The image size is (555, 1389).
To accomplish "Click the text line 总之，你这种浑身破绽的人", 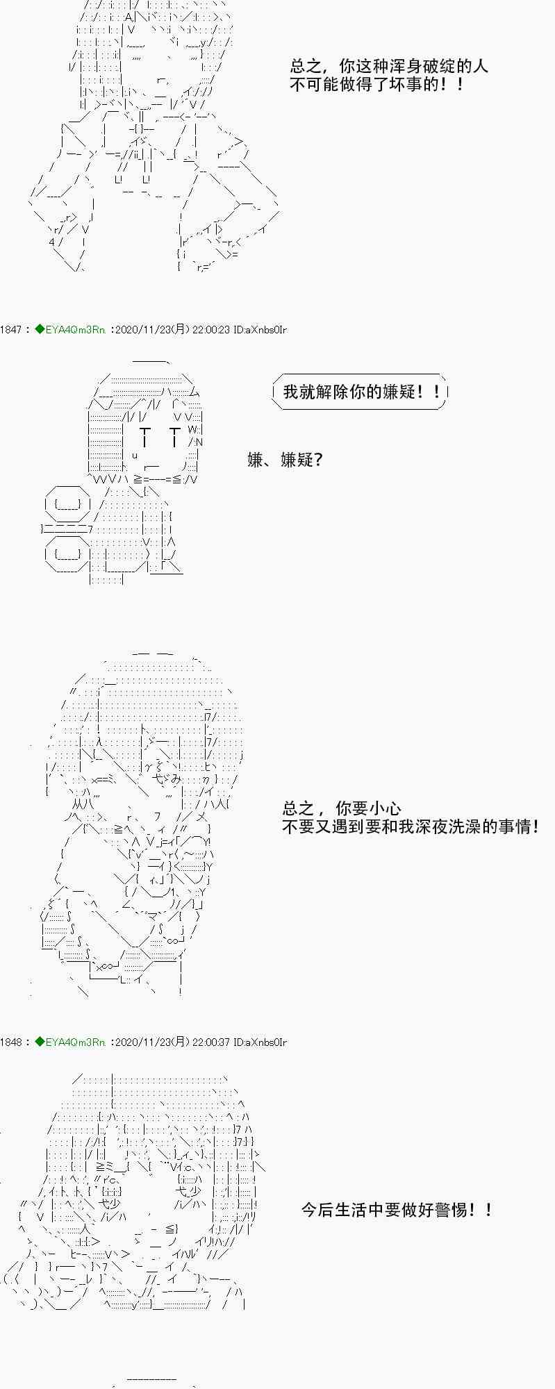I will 389,67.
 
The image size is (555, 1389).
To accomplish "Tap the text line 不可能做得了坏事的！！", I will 376,85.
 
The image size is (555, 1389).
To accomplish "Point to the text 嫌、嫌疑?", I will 285,460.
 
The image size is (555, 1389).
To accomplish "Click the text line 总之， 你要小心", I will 341,808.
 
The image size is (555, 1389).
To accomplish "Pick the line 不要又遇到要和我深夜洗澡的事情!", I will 410,826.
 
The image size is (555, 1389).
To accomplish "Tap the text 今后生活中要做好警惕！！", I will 397,1210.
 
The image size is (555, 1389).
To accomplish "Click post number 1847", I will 11,330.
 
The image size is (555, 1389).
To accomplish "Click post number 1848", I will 11,1042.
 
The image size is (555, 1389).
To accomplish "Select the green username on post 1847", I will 69,330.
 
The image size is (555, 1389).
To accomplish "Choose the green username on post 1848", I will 69,1042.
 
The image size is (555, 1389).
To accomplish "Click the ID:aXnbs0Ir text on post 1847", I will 260,330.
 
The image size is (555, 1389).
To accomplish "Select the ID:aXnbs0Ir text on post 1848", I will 260,1042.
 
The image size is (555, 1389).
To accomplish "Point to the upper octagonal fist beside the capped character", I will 67,505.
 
